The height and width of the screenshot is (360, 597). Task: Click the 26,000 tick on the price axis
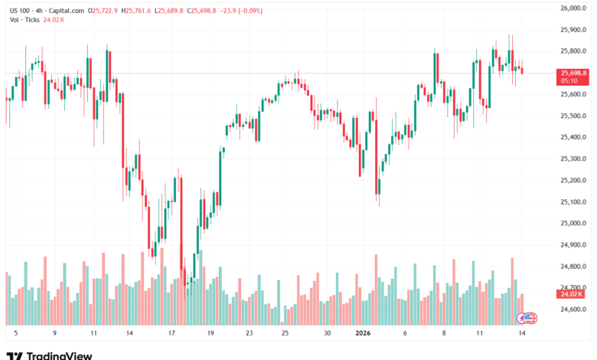click(x=573, y=8)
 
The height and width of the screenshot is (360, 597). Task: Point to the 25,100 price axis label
click(x=573, y=202)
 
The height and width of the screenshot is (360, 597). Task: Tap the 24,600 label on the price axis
click(x=573, y=309)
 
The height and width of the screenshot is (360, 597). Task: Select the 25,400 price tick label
click(x=573, y=138)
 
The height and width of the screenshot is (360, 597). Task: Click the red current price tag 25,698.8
click(x=573, y=73)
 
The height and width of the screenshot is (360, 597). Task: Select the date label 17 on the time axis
click(x=171, y=334)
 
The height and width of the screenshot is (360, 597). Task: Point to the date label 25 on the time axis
click(x=285, y=334)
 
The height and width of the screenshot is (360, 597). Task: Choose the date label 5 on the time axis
click(x=15, y=334)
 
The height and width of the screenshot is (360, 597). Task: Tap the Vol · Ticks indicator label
click(x=24, y=21)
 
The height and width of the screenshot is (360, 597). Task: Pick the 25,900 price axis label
click(x=573, y=30)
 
